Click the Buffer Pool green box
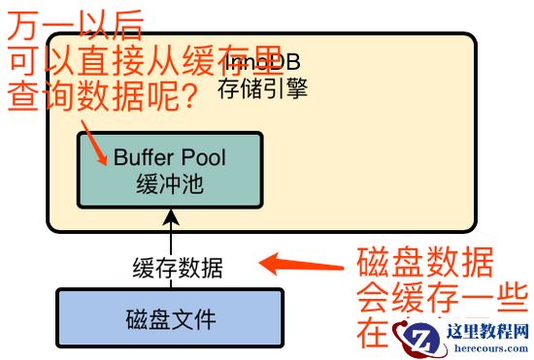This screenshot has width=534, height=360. (x=170, y=169)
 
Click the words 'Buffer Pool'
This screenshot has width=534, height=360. (x=170, y=156)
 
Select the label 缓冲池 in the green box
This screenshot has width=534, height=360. (x=170, y=184)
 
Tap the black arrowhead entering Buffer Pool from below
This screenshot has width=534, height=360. (x=171, y=214)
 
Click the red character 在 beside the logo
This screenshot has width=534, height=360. (x=373, y=334)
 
